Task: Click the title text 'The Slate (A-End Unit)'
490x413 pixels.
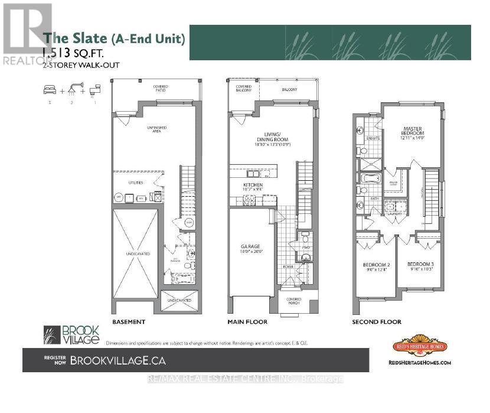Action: pos(115,39)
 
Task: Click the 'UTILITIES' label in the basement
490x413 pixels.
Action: pos(136,183)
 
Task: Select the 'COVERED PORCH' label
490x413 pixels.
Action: pos(294,301)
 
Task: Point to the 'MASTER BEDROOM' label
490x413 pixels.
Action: pos(413,131)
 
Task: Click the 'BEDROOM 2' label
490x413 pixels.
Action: pos(376,264)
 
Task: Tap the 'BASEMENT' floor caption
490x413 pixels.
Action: pos(128,322)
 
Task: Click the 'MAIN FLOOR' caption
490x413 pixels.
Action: pos(247,322)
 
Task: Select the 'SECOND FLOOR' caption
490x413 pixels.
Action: pos(375,322)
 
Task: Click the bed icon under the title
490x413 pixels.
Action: pos(49,89)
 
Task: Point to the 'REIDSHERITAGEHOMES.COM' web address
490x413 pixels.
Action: pos(420,363)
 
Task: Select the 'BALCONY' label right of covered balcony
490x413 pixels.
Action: pos(289,90)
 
